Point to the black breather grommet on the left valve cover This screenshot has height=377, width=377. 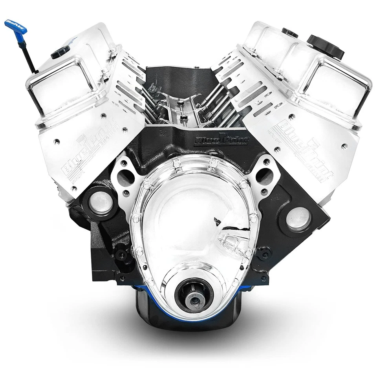[x=60, y=51]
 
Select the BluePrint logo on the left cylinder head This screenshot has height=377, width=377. [x=79, y=157]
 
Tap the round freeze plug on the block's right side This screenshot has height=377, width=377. [x=300, y=218]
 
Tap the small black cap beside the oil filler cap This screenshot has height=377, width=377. [x=290, y=33]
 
